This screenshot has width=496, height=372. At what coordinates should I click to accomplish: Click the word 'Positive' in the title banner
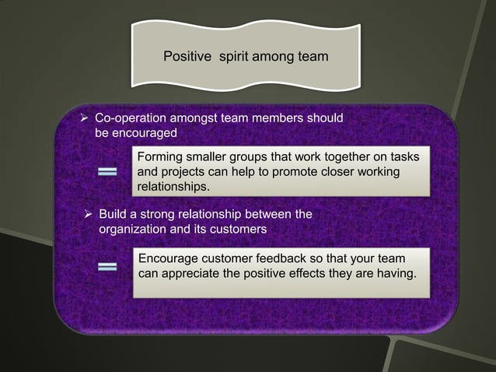(x=185, y=57)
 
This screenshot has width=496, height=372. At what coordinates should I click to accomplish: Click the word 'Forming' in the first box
(x=160, y=158)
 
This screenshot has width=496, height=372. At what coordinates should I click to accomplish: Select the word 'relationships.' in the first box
(x=173, y=188)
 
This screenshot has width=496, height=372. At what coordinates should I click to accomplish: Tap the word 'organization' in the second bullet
(x=131, y=230)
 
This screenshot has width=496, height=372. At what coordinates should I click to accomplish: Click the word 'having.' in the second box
(x=396, y=274)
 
